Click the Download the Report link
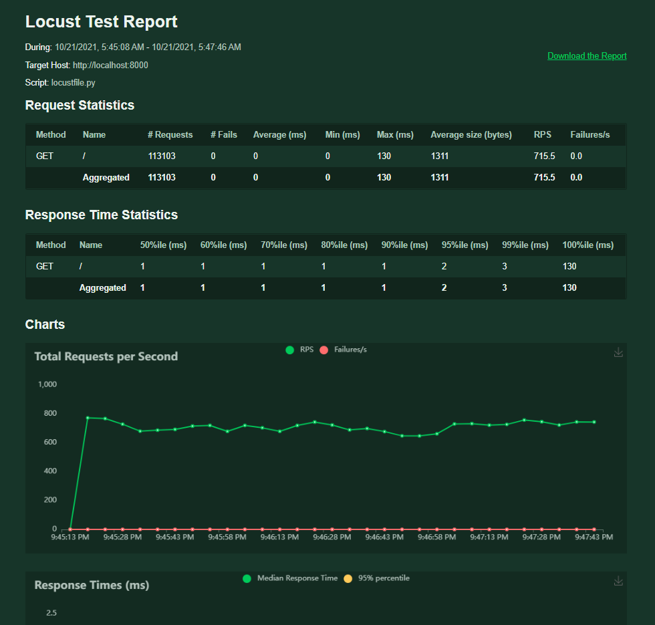[x=587, y=56]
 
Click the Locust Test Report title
[x=102, y=21]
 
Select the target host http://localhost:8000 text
[x=110, y=66]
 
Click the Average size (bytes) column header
[x=471, y=135]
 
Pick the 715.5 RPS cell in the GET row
[x=544, y=156]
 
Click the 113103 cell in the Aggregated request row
[x=162, y=178]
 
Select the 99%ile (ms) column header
[x=525, y=245]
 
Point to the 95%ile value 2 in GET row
[x=444, y=267]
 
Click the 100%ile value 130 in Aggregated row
[x=569, y=288]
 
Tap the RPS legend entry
[x=300, y=350]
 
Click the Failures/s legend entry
[x=344, y=350]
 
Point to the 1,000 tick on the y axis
[x=47, y=384]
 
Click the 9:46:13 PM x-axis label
[x=279, y=537]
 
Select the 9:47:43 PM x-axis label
[x=594, y=537]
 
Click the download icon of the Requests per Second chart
[x=618, y=352]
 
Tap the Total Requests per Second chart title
[x=106, y=357]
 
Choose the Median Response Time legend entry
[x=291, y=578]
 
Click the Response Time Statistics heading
[x=102, y=215]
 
